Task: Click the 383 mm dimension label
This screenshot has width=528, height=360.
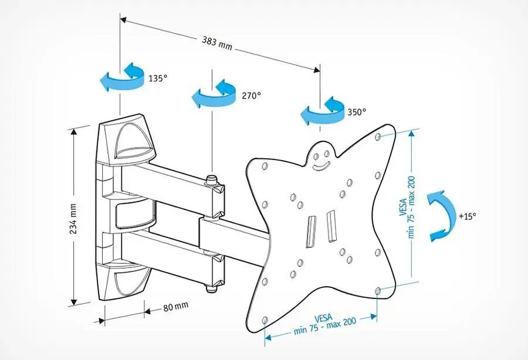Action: (x=216, y=42)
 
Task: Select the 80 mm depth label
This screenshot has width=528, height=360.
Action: (x=175, y=305)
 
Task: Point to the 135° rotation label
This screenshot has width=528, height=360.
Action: (x=157, y=78)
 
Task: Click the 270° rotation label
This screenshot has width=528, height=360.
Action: (x=251, y=95)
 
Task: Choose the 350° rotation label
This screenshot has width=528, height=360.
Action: (x=356, y=111)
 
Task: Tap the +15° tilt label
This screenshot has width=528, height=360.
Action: (x=467, y=216)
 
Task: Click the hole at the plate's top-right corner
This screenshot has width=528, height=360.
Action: (x=378, y=138)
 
